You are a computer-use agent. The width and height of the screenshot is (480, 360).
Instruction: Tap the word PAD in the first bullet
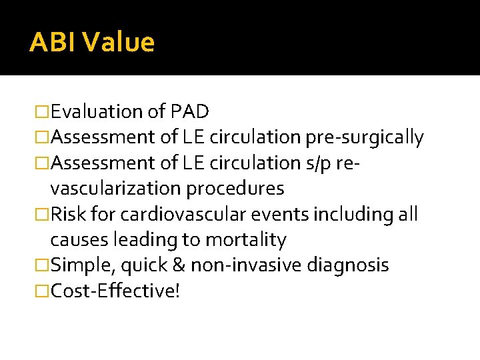[190, 111]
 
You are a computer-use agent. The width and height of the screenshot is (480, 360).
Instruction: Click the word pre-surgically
[364, 137]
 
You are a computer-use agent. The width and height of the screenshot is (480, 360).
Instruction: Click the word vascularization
[115, 189]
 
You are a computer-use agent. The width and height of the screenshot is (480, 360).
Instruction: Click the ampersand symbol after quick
[178, 265]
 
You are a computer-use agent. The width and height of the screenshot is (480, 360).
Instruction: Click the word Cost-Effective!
[115, 291]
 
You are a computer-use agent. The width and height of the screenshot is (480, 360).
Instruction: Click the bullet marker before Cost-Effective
[42, 291]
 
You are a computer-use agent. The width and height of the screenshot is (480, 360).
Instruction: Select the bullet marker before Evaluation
[42, 112]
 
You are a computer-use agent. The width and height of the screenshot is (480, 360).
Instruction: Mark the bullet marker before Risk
[42, 215]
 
